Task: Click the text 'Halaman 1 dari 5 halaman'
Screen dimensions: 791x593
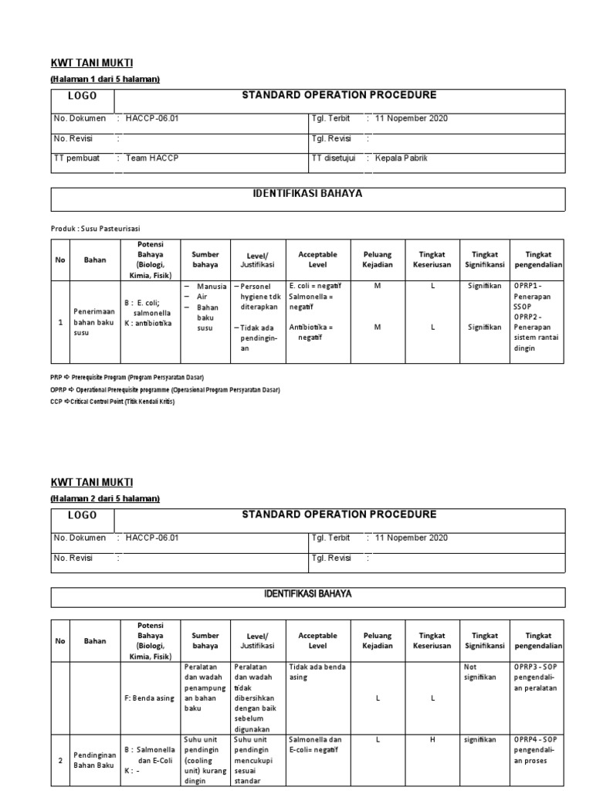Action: (x=105, y=80)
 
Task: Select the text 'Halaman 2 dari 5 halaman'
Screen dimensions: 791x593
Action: (x=105, y=499)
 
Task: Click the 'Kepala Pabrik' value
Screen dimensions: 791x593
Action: (x=401, y=158)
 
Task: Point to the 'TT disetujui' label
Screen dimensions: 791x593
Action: (x=332, y=158)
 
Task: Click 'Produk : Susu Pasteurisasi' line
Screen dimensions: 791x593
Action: (x=96, y=229)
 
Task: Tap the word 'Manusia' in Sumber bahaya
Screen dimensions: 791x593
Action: (x=212, y=287)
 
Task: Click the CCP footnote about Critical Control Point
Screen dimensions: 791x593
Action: (x=112, y=401)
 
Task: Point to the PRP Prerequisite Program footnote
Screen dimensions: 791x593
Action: (x=127, y=378)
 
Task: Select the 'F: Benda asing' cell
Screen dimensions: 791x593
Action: (x=148, y=698)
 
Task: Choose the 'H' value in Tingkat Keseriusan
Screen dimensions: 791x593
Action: (x=433, y=740)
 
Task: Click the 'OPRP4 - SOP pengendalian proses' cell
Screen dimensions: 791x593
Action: (x=537, y=750)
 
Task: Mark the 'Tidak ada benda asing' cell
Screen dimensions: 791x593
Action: (x=317, y=671)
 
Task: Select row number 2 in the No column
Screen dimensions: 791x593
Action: (x=60, y=760)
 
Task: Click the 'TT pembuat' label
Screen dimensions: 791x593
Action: (x=73, y=158)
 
